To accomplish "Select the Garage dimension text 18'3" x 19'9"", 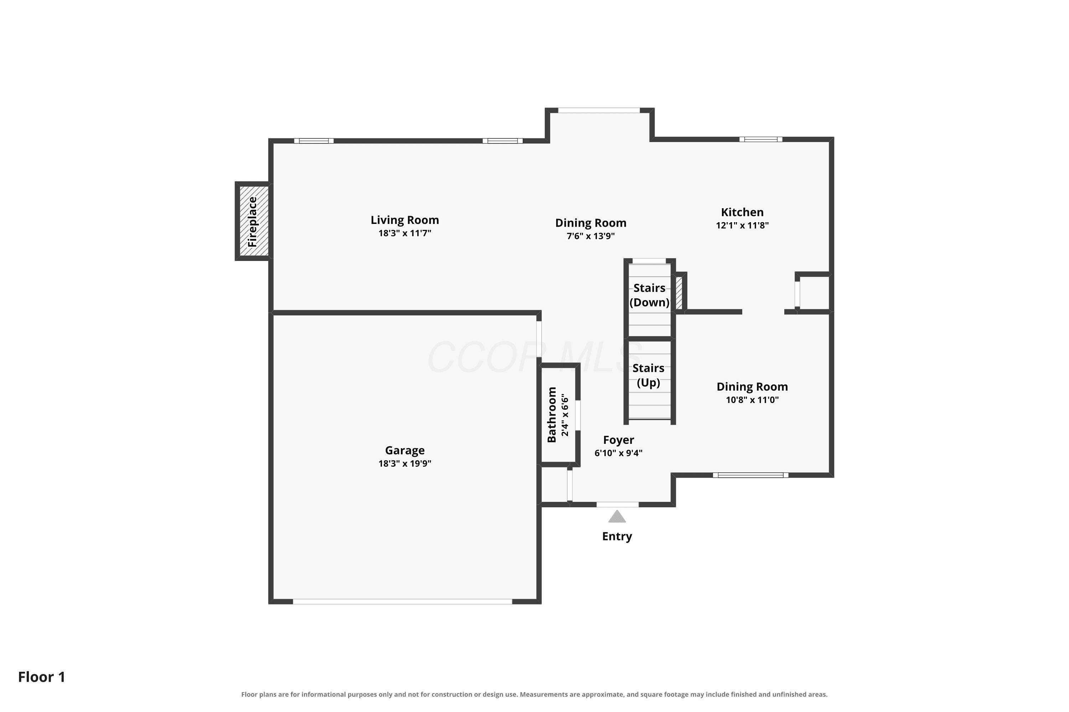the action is coord(404,464).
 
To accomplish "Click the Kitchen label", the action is coord(742,213).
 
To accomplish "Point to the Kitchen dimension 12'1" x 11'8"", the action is coord(742,225).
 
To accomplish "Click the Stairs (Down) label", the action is coord(649,295).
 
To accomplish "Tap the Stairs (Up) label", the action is coord(648,376).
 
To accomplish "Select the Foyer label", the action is coord(618,440).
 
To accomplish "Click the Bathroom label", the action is coord(552,415).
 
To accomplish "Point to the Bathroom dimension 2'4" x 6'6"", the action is coord(565,415).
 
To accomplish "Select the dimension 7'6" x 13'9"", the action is coord(590,236).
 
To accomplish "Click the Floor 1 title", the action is coord(42,677).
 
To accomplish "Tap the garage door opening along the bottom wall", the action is coord(402,602).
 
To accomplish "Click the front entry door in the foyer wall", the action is coord(617,504).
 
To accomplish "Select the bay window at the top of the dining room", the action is coord(599,110).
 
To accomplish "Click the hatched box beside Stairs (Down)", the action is coord(679,293).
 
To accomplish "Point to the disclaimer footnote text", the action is coord(534,694).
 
